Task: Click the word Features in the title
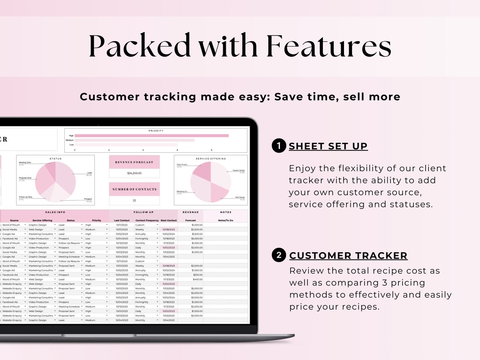click(329, 46)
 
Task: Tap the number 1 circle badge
click(279, 146)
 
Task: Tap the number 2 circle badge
click(279, 255)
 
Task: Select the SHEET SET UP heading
click(328, 146)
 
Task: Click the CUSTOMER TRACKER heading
click(348, 256)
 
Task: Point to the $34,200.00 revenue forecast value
click(134, 173)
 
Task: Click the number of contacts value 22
click(134, 200)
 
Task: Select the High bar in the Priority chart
click(152, 136)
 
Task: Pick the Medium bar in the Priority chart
click(135, 140)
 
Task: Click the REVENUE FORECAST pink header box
click(134, 162)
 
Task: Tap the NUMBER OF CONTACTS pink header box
click(134, 189)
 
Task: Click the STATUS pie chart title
click(55, 159)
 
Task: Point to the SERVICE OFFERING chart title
click(211, 159)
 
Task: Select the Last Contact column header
click(122, 220)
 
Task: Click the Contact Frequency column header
click(147, 220)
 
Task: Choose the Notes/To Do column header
click(226, 220)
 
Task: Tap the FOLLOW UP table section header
click(144, 212)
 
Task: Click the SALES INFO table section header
click(55, 212)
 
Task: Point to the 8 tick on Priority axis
click(211, 150)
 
